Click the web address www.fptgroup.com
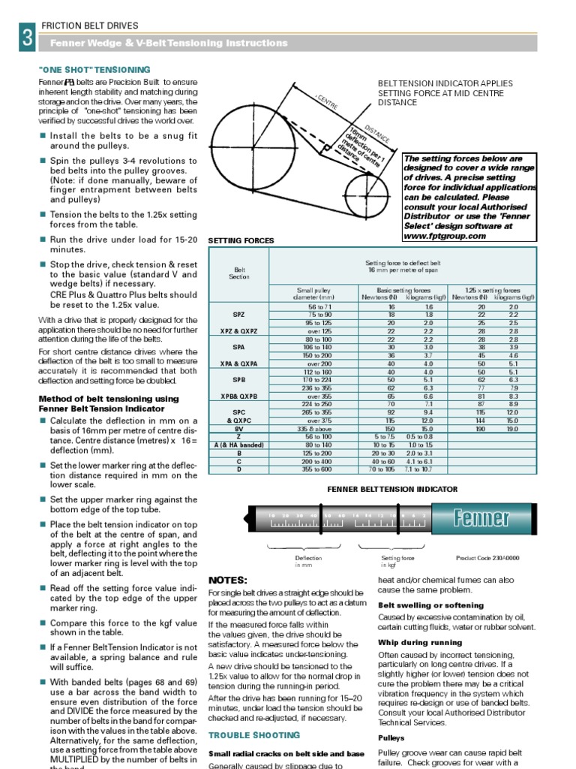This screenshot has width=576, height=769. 444,236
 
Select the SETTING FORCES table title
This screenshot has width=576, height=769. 241,241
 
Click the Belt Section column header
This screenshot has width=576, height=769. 238,273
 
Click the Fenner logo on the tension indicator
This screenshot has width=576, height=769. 481,518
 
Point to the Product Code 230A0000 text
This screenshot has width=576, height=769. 487,558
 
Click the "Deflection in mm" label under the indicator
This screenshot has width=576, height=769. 308,562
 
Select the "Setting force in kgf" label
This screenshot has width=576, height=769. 397,562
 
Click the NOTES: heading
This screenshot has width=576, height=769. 227,581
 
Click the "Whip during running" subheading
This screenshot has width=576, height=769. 420,643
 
